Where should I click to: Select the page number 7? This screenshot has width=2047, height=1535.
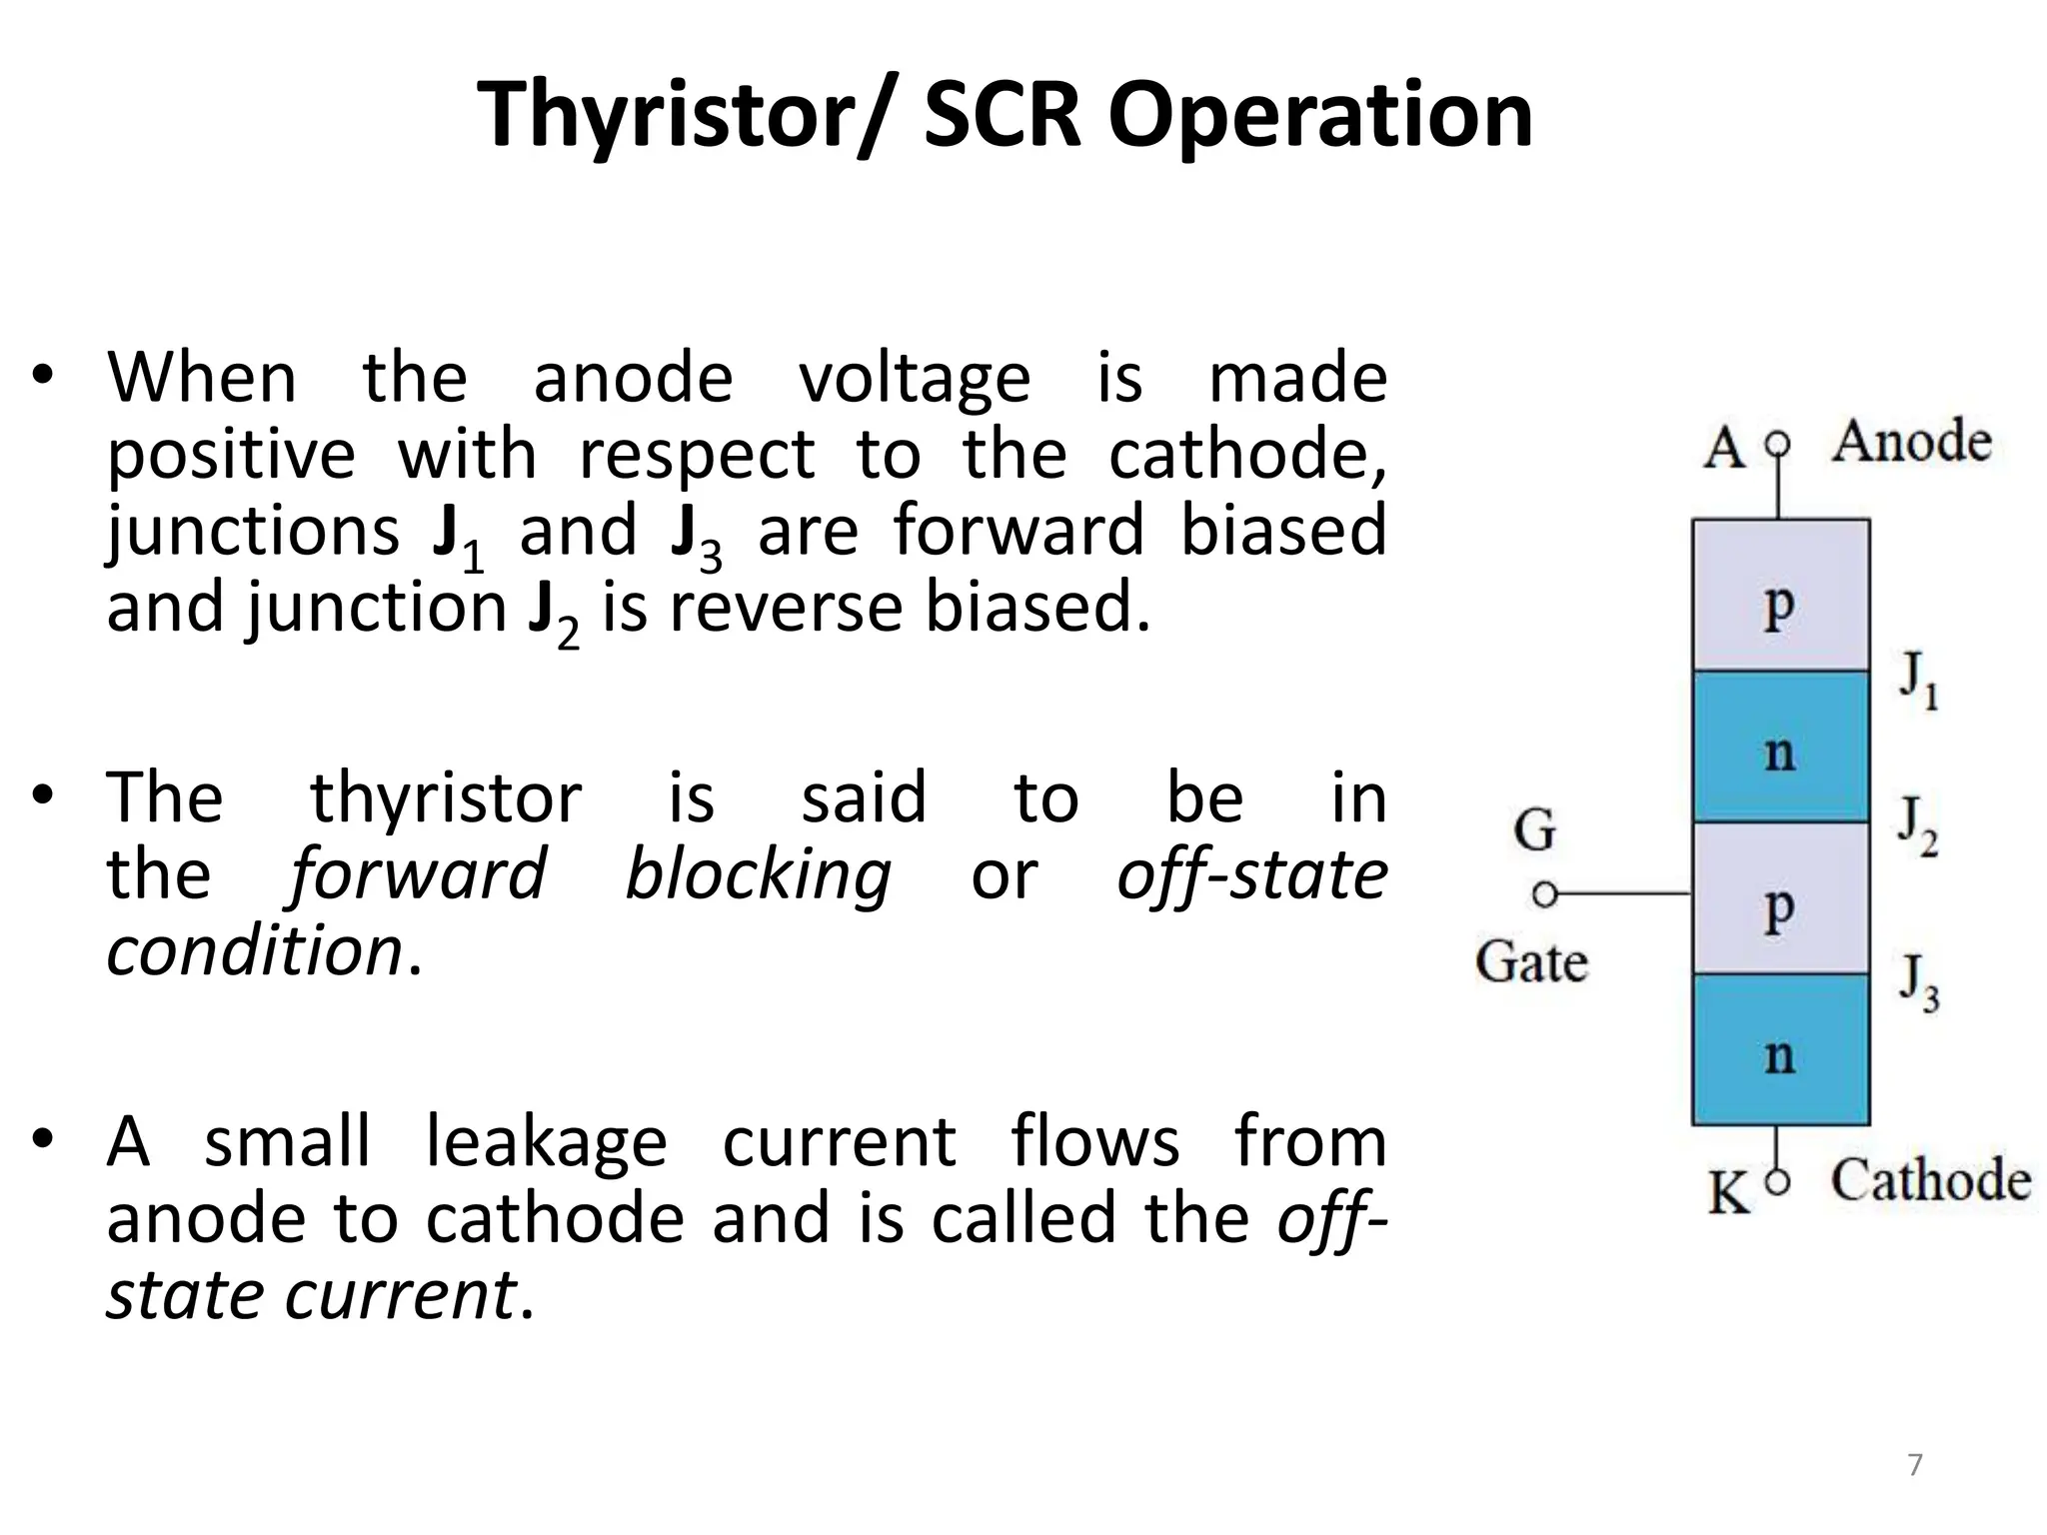tap(1915, 1465)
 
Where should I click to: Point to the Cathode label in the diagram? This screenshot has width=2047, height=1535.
tap(1930, 1180)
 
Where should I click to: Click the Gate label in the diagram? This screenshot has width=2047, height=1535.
tap(1531, 962)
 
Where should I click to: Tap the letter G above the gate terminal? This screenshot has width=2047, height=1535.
tap(1534, 830)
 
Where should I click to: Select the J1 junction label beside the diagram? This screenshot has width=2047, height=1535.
tap(1918, 680)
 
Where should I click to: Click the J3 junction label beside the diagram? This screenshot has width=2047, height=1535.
tap(1918, 983)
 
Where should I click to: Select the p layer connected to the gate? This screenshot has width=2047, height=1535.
tap(1780, 899)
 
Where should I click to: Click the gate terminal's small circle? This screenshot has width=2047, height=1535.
tap(1545, 893)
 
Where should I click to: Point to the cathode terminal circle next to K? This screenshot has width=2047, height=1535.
tap(1777, 1183)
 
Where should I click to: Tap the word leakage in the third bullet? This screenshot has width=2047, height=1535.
tap(546, 1142)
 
